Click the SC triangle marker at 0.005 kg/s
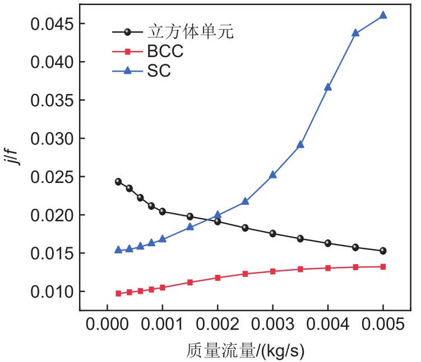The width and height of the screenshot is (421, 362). point(383,15)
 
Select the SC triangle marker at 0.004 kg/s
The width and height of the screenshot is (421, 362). point(328,87)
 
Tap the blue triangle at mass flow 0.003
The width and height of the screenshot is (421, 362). point(272,174)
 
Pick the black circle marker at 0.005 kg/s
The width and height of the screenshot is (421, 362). point(383,251)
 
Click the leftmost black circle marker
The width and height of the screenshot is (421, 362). point(118,182)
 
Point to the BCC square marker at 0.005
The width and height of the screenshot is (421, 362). point(383,266)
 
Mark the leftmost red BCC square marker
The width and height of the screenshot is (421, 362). point(118,293)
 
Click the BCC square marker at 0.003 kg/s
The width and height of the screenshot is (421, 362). point(272,271)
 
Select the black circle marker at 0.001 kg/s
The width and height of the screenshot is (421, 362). point(163,211)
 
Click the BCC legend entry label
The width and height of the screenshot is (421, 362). point(165,52)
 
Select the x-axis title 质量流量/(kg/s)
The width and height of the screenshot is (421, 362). point(245,350)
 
